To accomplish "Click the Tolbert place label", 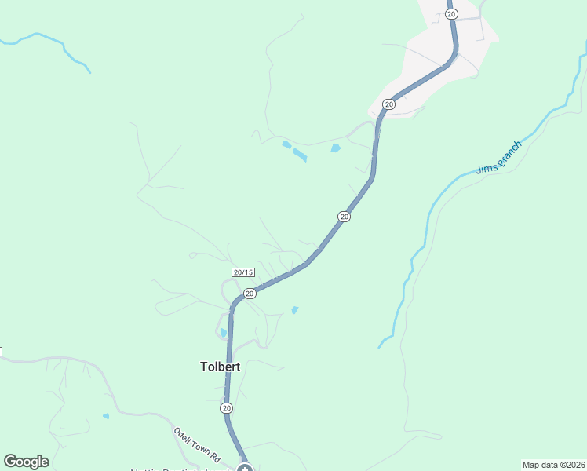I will click(220, 367).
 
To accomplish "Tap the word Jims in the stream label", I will click(487, 166).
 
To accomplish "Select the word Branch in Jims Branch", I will click(508, 151).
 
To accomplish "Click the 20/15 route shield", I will click(243, 272).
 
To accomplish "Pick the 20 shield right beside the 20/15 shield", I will click(250, 294).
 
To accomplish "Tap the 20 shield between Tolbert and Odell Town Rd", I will click(226, 408).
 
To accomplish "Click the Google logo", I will click(26, 462).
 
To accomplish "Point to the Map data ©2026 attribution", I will click(553, 465).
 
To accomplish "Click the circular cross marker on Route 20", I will click(245, 469).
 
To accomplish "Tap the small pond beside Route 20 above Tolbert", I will click(224, 333).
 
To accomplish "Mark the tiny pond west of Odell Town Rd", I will click(106, 416).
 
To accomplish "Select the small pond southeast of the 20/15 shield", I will click(295, 310).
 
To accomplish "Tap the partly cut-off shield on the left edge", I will click(2, 351).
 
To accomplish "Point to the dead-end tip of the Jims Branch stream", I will click(380, 346).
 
